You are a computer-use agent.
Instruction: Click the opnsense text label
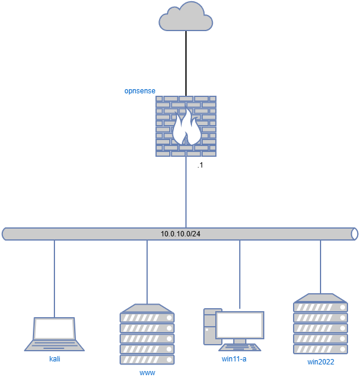tap(140, 91)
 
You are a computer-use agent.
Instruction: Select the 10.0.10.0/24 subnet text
tap(180, 233)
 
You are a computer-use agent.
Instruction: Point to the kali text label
tap(55, 359)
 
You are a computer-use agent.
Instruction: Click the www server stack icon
tap(147, 335)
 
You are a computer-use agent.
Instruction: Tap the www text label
tap(147, 372)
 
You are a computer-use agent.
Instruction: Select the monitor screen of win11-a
tap(240, 325)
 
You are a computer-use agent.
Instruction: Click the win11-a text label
tap(234, 359)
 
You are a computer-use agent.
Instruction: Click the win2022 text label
tap(321, 362)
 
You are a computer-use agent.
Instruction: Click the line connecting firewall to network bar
tap(186, 191)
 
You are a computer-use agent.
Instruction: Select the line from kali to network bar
tap(54, 278)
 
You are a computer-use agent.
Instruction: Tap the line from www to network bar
tap(147, 272)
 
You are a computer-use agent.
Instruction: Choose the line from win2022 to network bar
tap(321, 266)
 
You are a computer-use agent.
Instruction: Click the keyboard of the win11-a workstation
tap(240, 347)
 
